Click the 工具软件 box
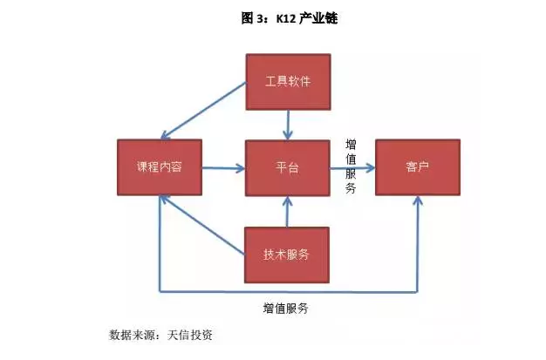[x=287, y=82]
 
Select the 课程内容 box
[x=159, y=166]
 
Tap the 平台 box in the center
[x=287, y=166]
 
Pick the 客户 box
[x=417, y=166]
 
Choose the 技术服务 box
[x=287, y=255]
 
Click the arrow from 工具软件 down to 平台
[x=287, y=124]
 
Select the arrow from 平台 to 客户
[x=352, y=167]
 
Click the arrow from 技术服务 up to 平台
[x=287, y=212]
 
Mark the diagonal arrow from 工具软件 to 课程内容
[x=202, y=111]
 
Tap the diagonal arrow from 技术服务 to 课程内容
[x=202, y=226]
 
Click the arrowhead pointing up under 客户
[x=417, y=202]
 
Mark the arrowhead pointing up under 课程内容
[x=160, y=202]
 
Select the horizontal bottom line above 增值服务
[x=288, y=291]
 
